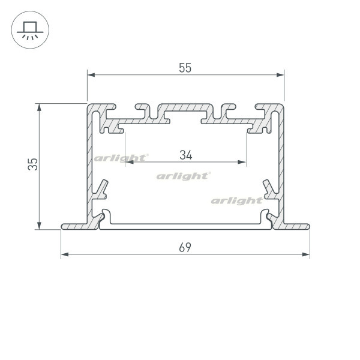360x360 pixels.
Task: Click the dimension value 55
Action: [x=185, y=68]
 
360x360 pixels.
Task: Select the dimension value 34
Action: [x=186, y=155]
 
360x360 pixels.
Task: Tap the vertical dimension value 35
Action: [x=32, y=164]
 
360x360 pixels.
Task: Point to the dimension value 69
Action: [x=185, y=247]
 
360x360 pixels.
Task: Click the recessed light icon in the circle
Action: [x=30, y=30]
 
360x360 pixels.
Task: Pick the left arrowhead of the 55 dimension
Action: [x=91, y=75]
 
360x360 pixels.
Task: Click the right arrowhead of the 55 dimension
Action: [x=280, y=75]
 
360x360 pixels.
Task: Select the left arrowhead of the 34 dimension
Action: [x=130, y=162]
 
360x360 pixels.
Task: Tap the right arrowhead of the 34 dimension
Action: [x=242, y=162]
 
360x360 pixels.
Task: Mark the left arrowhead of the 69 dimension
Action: [x=65, y=254]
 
